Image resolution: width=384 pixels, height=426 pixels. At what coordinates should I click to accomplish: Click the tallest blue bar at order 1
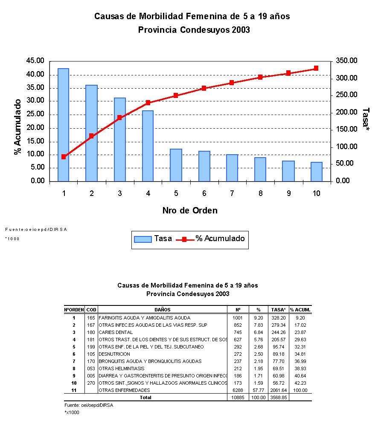[x=63, y=124]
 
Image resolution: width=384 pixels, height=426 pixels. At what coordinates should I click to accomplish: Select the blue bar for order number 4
[x=148, y=146]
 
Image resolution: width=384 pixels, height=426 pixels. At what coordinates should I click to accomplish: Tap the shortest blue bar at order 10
[x=316, y=171]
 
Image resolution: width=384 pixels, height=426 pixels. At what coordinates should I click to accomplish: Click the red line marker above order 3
[x=119, y=118]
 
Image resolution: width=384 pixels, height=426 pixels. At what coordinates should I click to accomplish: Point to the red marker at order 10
[x=316, y=68]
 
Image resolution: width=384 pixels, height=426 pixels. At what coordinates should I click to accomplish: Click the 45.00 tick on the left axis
[x=35, y=61]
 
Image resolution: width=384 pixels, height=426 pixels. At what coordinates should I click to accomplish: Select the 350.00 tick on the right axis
[x=346, y=61]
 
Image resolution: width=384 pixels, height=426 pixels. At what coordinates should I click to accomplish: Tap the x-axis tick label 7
[x=232, y=193]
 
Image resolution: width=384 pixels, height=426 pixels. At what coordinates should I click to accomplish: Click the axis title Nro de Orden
[x=190, y=210]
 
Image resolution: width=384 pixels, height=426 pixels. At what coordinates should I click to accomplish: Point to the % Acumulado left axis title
[x=18, y=127]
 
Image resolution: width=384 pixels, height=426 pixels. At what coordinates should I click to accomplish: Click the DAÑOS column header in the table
[x=163, y=310]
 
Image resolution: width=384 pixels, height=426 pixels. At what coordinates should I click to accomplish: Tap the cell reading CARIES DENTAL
[x=116, y=332]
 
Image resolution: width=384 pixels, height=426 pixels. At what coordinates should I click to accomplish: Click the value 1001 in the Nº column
[x=238, y=318]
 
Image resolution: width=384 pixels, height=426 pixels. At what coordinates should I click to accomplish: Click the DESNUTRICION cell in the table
[x=114, y=354]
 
